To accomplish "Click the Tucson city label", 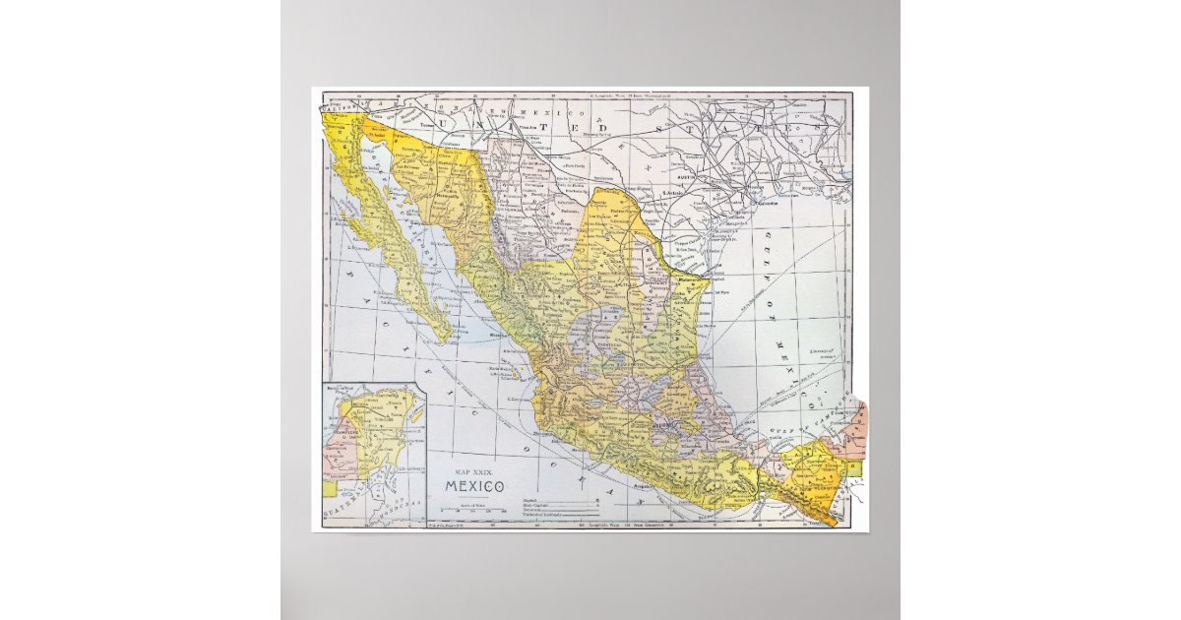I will [x=427, y=126].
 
